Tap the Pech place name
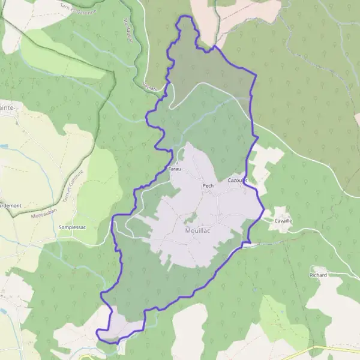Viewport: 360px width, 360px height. (x=208, y=186)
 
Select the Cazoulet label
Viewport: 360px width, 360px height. (x=238, y=180)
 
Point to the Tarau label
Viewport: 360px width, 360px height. (x=175, y=170)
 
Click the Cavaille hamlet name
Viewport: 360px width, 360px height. (x=283, y=221)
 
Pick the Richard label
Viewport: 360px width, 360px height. (x=318, y=275)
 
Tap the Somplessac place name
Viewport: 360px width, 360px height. (x=74, y=227)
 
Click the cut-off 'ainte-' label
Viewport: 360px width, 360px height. (x=8, y=107)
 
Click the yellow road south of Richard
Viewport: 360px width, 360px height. (x=324, y=348)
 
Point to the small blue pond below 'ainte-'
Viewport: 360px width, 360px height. (x=4, y=146)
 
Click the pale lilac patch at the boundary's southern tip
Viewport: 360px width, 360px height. (x=120, y=327)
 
